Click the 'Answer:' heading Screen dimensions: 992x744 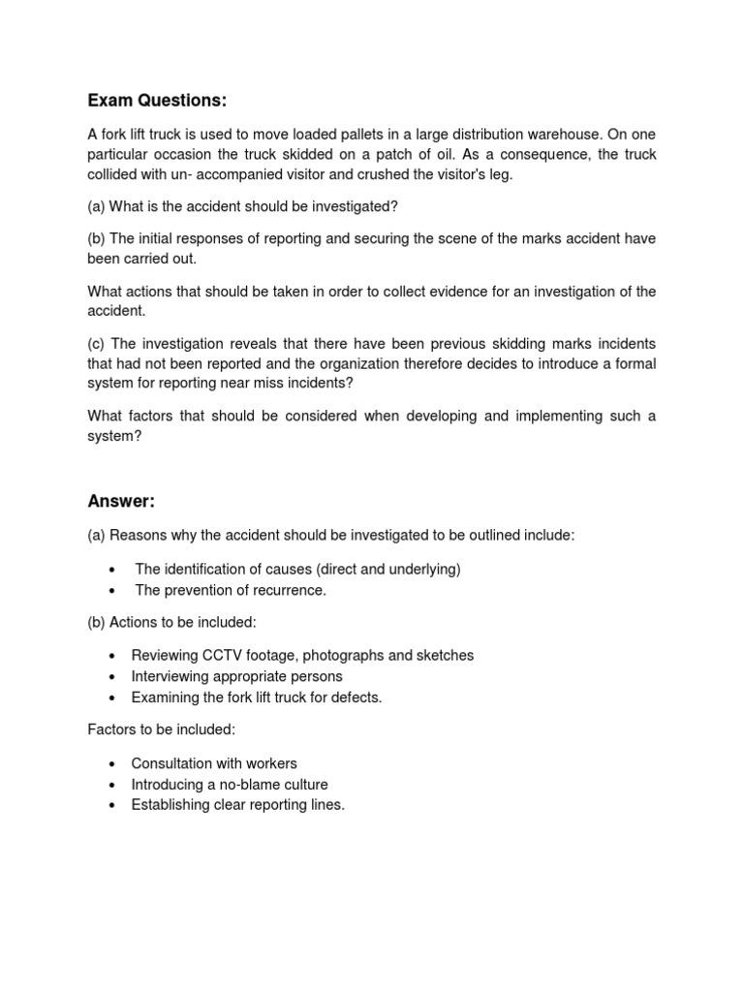point(121,501)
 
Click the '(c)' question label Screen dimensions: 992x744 point(97,344)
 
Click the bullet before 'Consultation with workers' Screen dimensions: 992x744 point(113,763)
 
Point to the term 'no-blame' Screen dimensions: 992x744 point(234,784)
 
